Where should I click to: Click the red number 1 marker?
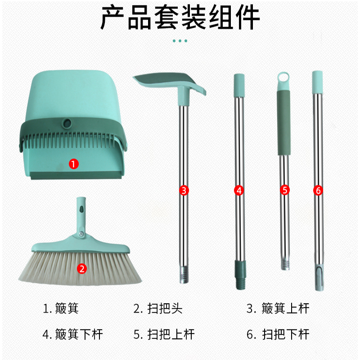(x=74, y=164)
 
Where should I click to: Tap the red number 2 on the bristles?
(x=82, y=268)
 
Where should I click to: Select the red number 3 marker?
(x=184, y=190)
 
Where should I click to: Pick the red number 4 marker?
(x=239, y=190)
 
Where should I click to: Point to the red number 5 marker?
(x=285, y=190)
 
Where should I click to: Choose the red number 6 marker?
(x=318, y=190)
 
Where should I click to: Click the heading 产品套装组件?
(x=180, y=18)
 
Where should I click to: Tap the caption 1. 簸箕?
(x=61, y=308)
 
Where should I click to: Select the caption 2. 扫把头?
(x=158, y=308)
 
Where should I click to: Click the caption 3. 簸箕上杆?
(x=278, y=308)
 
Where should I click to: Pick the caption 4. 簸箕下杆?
(x=72, y=334)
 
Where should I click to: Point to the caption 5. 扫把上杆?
(x=164, y=334)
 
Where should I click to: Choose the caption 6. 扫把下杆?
(x=278, y=334)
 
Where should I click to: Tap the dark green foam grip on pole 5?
(x=284, y=122)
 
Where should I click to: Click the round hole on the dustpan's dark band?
(x=67, y=123)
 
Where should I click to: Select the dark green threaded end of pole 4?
(x=240, y=274)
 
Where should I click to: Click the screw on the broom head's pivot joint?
(x=81, y=234)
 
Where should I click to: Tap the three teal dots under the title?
(x=180, y=41)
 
